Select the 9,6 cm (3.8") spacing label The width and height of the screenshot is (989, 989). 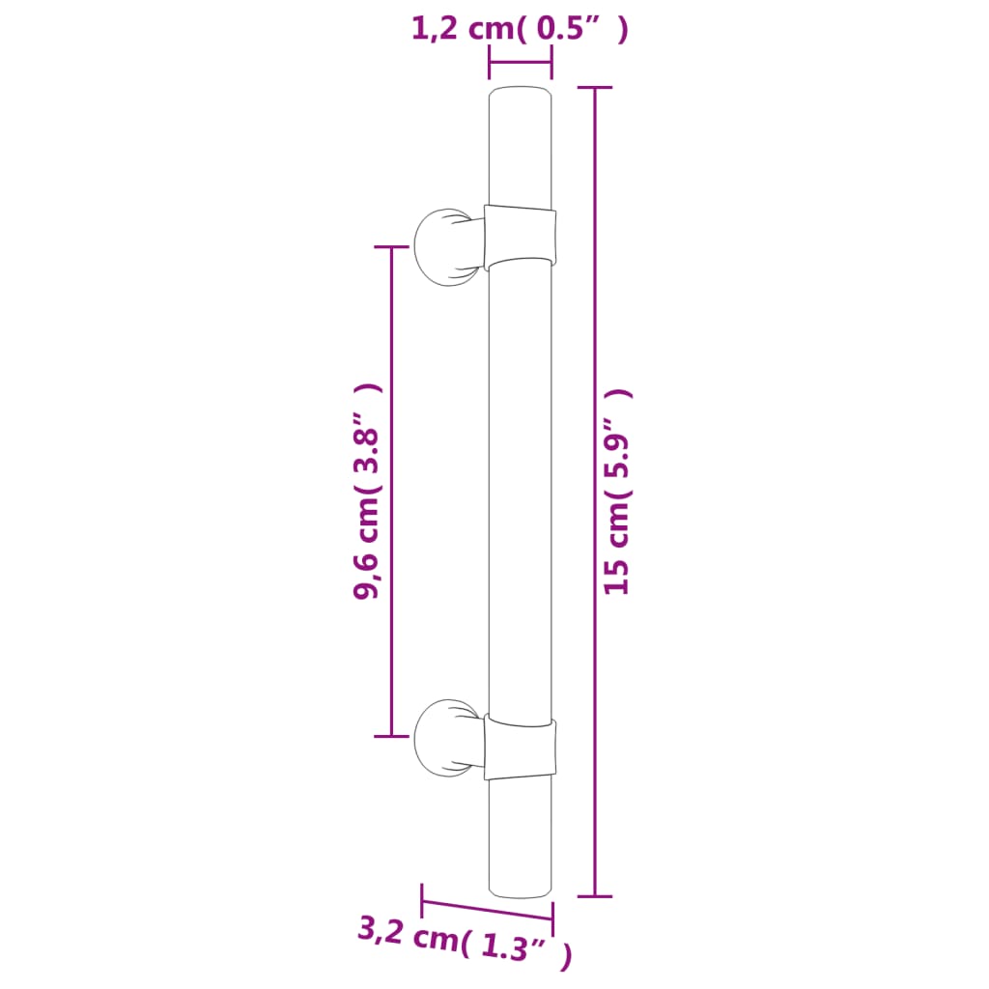[x=368, y=491]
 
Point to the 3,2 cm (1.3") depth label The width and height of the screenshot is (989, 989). [x=465, y=944]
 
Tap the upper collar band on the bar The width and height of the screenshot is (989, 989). [x=521, y=235]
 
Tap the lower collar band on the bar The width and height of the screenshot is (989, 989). [x=521, y=749]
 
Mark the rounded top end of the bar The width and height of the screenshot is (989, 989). [x=521, y=97]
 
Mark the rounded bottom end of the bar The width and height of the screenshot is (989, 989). [x=521, y=887]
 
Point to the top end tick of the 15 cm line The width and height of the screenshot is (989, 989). [x=595, y=88]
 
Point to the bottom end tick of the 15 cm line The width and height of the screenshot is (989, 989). [x=595, y=896]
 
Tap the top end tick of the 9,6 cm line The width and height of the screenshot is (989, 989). [x=391, y=247]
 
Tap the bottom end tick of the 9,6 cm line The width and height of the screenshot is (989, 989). [x=391, y=736]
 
